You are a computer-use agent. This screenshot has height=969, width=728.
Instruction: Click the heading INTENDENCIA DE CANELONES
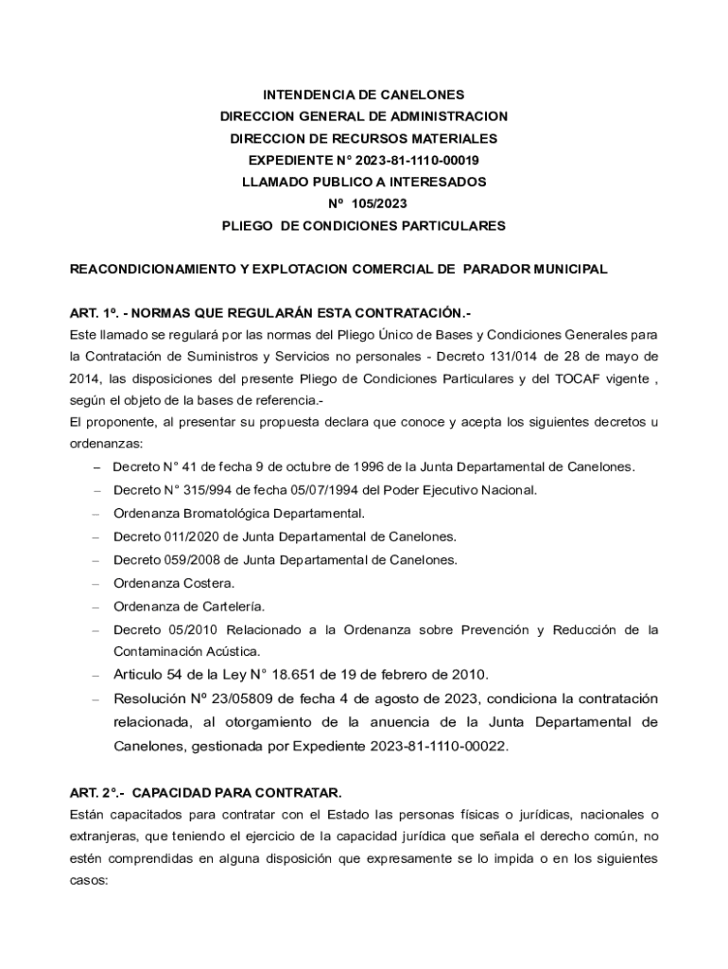364,95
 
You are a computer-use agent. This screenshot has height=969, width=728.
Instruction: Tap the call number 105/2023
378,203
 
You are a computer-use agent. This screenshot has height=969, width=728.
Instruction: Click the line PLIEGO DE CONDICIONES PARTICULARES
364,225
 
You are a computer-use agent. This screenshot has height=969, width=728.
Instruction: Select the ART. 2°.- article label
97,791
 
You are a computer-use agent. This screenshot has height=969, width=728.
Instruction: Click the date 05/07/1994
309,490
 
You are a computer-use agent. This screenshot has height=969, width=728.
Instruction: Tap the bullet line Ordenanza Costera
174,583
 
